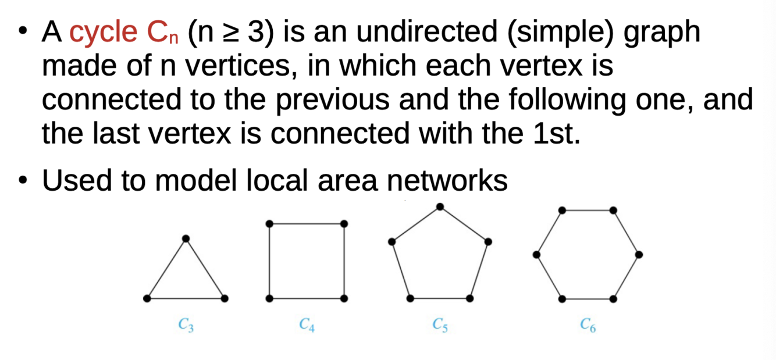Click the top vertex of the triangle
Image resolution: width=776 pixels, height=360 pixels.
[186, 238]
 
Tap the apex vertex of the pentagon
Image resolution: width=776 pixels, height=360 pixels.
[440, 206]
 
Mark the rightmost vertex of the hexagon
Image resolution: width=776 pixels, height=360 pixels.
[639, 254]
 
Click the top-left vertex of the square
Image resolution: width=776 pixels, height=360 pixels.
[269, 224]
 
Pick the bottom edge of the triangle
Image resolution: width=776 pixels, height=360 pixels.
[186, 298]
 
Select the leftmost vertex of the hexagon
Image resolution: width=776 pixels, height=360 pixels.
[536, 254]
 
